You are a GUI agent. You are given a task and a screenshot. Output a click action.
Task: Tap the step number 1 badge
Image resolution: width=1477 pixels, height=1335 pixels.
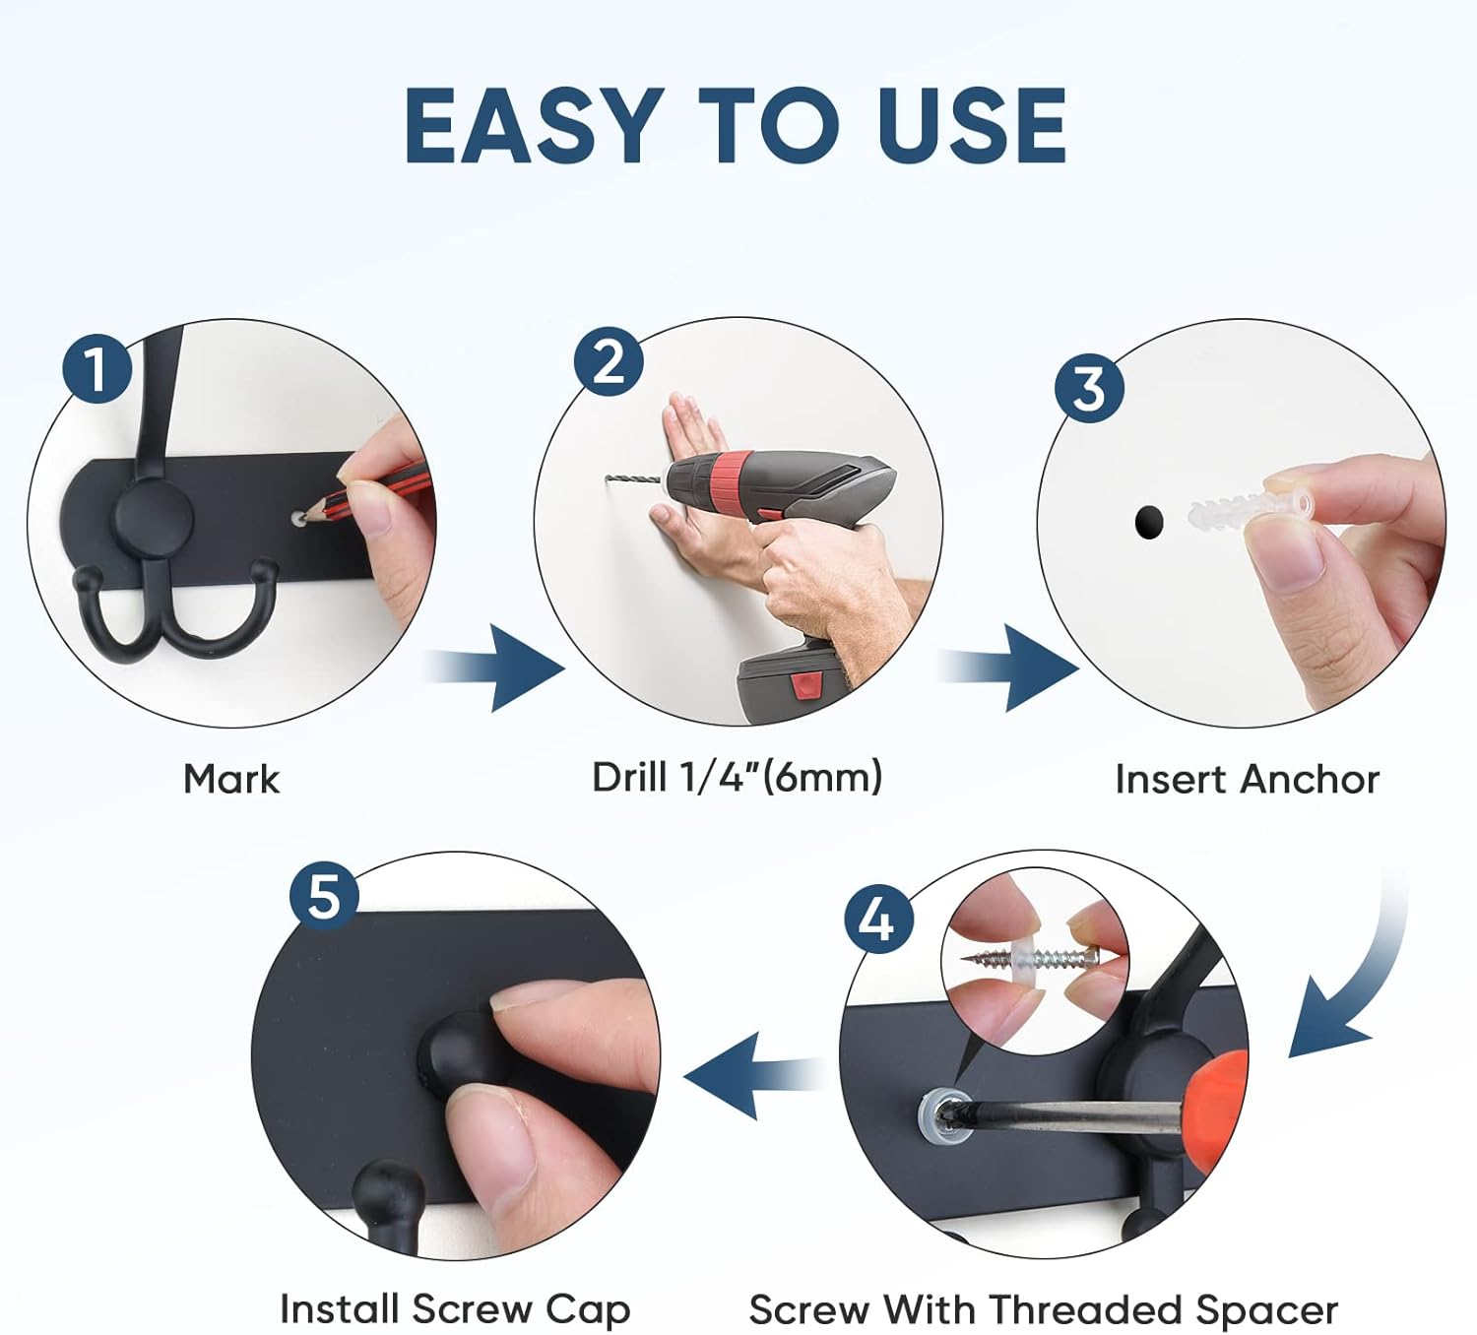(x=97, y=368)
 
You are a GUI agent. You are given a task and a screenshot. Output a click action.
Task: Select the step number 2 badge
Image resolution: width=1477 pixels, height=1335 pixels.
(x=609, y=361)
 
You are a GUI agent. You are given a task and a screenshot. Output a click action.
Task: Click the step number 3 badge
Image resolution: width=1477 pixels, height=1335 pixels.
(x=1089, y=388)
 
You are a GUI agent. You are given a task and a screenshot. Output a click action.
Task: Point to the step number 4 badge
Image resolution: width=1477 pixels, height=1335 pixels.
(x=878, y=919)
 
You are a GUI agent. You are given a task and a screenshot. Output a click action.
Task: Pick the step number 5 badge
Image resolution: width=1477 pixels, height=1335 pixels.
(x=324, y=896)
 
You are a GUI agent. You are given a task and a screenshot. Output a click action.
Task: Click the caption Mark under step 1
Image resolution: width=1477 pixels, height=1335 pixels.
(x=232, y=779)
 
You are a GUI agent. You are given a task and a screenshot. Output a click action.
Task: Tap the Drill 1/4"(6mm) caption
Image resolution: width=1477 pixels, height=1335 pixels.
(x=738, y=777)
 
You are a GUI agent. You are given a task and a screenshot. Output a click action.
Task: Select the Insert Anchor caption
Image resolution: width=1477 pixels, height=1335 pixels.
(x=1248, y=779)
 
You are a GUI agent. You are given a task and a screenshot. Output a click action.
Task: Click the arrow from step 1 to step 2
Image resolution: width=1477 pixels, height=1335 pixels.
(x=494, y=667)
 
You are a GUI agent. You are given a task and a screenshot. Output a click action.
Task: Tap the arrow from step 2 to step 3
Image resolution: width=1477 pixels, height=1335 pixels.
(x=1008, y=667)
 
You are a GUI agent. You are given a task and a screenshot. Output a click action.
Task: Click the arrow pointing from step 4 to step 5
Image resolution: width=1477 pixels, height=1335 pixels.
(x=754, y=1075)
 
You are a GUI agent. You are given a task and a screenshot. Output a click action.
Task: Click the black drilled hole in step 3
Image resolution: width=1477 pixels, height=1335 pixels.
(x=1149, y=522)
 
